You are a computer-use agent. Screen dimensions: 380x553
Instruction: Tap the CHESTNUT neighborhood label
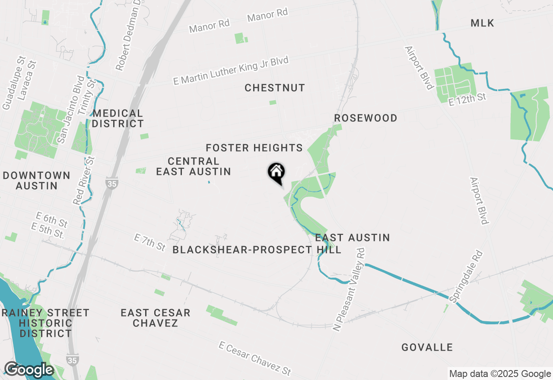coord(275,88)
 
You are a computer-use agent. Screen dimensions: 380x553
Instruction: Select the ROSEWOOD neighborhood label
coord(365,118)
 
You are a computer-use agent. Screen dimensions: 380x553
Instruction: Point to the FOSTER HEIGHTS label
coord(254,148)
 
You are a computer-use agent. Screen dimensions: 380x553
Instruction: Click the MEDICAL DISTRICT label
coord(118,119)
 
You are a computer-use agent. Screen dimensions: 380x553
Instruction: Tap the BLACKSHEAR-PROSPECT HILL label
coord(257,250)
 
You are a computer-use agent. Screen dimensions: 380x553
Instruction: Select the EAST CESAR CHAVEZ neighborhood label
coord(156,318)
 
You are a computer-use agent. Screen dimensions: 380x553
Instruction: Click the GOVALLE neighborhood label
coord(427,348)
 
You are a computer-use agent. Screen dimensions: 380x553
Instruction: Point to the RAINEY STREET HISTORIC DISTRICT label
coord(45,323)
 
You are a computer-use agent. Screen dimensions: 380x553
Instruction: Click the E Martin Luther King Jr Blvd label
coord(231,70)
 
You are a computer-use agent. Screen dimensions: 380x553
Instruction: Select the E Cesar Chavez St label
coord(255,358)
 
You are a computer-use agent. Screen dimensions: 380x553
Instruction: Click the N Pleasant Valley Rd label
coord(349,290)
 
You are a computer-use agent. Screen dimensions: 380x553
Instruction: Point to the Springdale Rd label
coord(465,277)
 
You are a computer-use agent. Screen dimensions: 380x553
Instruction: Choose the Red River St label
coord(84,180)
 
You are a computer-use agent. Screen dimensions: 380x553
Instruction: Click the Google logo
coord(29,370)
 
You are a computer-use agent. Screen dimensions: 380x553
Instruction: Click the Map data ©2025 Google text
coord(499,374)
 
